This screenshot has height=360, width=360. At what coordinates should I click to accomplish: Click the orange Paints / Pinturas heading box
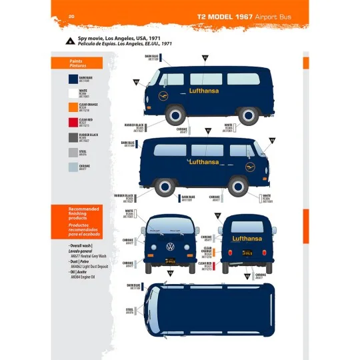[77, 63]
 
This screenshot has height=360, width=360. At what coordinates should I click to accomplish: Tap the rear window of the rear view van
[246, 225]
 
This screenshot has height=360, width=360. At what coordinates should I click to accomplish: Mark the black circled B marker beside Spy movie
[70, 41]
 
